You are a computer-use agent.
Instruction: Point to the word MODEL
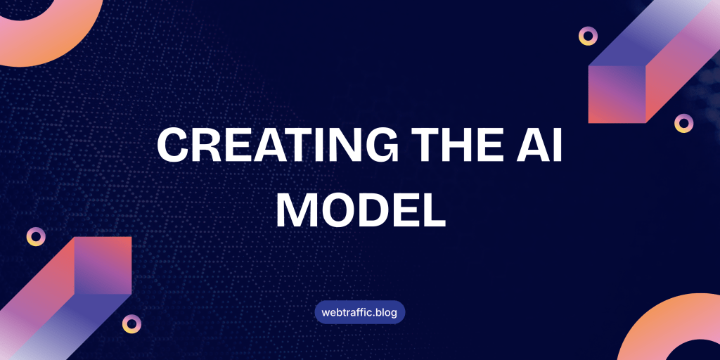(360, 208)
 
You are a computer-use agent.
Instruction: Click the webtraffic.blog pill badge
(360, 311)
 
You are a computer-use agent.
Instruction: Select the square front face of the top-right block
(617, 94)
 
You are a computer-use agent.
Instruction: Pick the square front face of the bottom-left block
(103, 265)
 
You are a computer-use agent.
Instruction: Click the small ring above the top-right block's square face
(588, 36)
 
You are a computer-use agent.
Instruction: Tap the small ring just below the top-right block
(683, 124)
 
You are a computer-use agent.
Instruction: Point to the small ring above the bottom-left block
(36, 237)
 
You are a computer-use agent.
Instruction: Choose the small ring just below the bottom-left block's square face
(131, 323)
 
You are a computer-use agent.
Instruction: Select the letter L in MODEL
(432, 208)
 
